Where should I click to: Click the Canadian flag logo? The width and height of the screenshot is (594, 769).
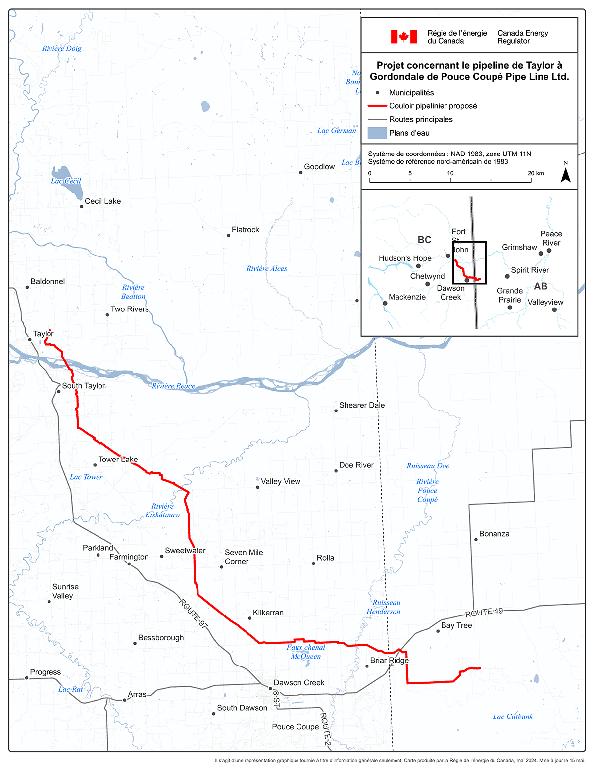click(403, 37)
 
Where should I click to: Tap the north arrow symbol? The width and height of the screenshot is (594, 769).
click(565, 174)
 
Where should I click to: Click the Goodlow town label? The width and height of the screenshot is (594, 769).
click(319, 167)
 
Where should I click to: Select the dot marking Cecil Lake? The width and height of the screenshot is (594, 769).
click(82, 206)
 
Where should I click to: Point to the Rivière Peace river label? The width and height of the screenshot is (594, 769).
click(173, 386)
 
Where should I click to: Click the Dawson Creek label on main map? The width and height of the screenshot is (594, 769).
click(299, 683)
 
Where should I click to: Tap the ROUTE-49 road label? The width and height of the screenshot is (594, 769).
click(484, 612)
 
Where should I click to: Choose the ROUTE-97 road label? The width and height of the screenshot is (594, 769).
click(193, 614)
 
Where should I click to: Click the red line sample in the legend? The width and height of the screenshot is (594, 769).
click(377, 106)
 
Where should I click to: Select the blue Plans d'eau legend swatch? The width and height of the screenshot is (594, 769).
click(377, 133)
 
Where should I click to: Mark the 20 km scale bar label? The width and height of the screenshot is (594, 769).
click(536, 173)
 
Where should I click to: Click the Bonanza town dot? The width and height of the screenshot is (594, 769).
click(476, 539)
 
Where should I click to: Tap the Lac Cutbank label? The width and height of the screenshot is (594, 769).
click(513, 717)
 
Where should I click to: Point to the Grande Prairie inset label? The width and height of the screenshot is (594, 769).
click(510, 295)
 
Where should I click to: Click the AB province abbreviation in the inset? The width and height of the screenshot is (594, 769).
click(541, 286)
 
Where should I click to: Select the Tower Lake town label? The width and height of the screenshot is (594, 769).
click(118, 460)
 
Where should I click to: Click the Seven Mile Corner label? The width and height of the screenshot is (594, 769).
click(244, 557)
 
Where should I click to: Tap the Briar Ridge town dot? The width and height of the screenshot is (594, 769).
click(367, 666)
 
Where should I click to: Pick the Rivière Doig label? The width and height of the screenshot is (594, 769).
click(62, 49)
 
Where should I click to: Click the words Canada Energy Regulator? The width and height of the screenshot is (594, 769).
click(523, 37)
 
